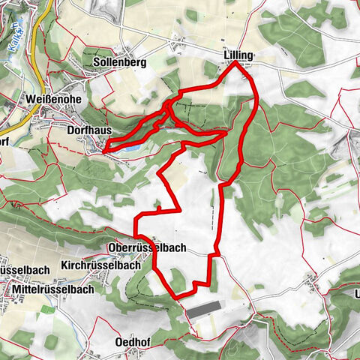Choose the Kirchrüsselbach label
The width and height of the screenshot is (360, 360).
(x=103, y=265)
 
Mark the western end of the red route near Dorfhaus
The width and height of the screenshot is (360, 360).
(x=103, y=151)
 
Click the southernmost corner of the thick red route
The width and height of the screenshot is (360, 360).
(x=178, y=298)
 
